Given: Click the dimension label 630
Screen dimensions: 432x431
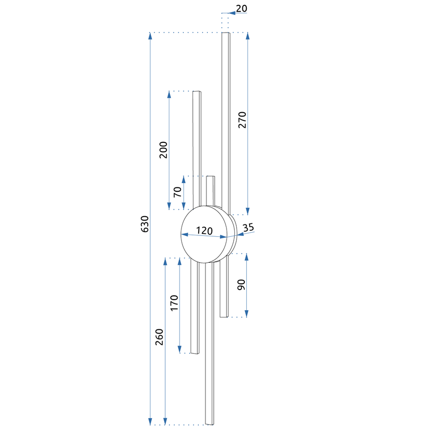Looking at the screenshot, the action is point(144,224).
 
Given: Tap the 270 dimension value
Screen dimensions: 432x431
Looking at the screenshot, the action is point(242,120).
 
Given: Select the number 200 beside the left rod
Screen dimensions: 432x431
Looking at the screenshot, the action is point(163,150).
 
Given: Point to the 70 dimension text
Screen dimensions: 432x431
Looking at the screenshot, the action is point(178,192).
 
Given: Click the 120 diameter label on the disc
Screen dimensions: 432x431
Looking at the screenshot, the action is point(204,231).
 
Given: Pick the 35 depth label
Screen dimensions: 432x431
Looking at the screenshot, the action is point(248,227).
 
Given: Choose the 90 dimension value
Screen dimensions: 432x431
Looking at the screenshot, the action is point(241,285).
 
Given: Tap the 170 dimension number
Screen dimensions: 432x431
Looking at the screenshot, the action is point(174,303).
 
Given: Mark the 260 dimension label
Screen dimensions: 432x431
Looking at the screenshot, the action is point(159,337).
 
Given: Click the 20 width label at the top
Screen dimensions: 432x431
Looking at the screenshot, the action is point(241,9).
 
